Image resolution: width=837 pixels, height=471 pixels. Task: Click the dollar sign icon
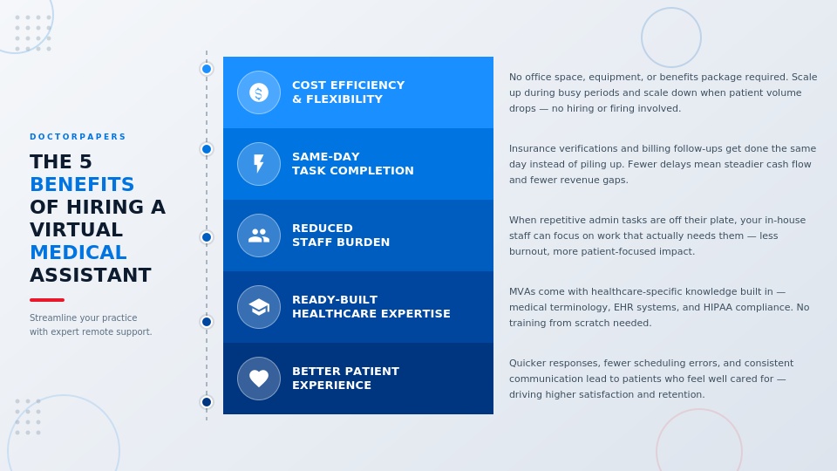259,92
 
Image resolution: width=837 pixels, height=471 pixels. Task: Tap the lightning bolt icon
259,164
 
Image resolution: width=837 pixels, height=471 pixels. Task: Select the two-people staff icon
259,235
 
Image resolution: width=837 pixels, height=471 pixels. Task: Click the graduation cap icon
259,307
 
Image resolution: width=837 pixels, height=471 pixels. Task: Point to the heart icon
259,379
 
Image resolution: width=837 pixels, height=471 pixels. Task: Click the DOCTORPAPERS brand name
78,137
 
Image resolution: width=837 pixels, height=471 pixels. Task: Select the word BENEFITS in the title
82,185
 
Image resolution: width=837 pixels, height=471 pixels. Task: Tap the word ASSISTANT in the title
91,276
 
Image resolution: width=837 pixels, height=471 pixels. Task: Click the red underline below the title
47,300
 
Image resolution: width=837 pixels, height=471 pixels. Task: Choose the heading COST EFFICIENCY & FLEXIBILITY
348,92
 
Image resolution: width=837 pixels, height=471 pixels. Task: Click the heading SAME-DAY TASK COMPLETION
352,164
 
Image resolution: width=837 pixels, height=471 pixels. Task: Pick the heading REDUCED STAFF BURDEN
340,235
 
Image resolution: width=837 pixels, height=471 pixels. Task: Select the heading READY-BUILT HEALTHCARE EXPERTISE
371,307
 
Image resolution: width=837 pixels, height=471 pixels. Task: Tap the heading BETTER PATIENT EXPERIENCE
345,379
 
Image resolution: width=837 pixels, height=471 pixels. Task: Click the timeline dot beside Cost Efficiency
207,69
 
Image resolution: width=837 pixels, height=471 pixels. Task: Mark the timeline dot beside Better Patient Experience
207,402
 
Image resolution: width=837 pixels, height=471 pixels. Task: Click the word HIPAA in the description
721,307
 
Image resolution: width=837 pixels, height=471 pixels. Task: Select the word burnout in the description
529,251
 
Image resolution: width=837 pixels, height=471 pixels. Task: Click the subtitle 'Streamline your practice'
83,317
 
